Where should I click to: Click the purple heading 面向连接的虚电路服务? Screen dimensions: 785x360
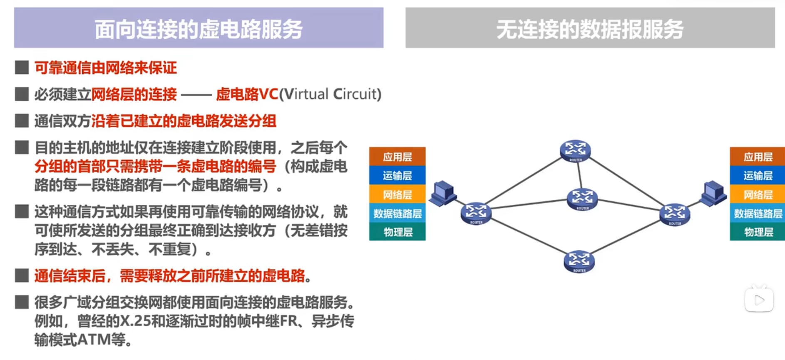click(199, 29)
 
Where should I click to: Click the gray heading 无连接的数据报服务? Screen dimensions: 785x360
click(590, 29)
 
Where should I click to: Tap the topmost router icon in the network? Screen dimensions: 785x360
click(575, 151)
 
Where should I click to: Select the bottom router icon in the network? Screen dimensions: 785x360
click(579, 261)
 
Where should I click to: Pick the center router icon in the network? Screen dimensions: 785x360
click(582, 199)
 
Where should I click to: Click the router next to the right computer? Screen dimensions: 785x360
click(675, 214)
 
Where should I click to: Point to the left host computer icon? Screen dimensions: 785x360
click(442, 193)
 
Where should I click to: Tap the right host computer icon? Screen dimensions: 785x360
click(713, 193)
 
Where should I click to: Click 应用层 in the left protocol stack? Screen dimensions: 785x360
click(397, 156)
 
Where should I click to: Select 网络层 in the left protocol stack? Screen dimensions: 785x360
click(397, 194)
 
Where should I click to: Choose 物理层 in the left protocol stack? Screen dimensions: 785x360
click(397, 232)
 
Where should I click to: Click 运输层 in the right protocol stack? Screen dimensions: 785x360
click(758, 175)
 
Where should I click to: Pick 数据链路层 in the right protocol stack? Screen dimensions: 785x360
click(758, 213)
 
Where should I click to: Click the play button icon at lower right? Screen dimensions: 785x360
click(759, 299)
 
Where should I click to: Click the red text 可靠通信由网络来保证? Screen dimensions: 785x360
click(106, 67)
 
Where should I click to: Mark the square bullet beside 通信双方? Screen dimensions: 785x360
click(22, 121)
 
